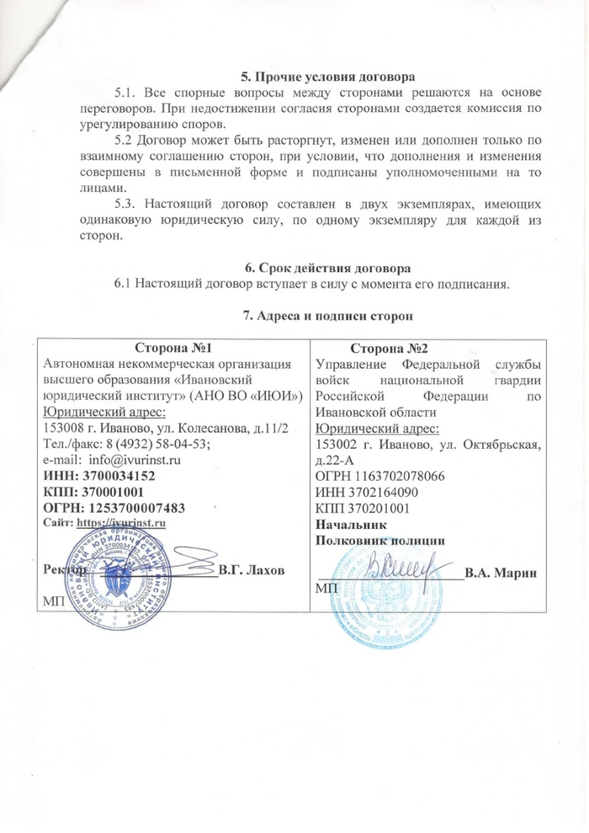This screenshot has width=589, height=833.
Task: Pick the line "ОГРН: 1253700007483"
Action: coord(114,508)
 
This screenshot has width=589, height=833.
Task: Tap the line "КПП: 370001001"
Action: coord(94,493)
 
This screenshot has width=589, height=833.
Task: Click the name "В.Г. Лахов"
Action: coord(251,570)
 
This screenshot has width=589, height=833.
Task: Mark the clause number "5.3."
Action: coord(126,203)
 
